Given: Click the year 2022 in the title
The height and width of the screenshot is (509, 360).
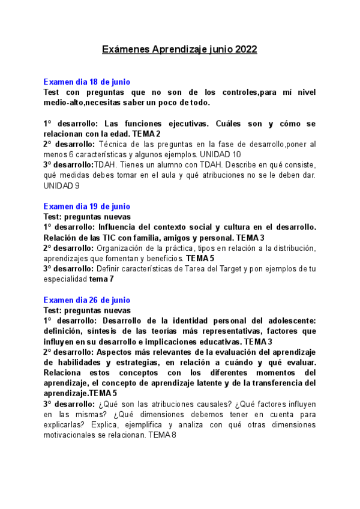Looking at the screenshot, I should [245, 50].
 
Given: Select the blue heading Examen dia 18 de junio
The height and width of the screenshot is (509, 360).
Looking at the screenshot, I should [87, 82].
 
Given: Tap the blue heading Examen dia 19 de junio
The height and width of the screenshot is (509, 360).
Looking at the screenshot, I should [87, 206].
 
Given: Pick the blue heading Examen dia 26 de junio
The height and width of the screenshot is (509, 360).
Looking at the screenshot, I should [87, 300].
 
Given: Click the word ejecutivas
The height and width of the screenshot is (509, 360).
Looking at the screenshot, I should [192, 123].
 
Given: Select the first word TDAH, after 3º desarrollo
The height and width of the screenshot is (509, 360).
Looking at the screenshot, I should [106, 164].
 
